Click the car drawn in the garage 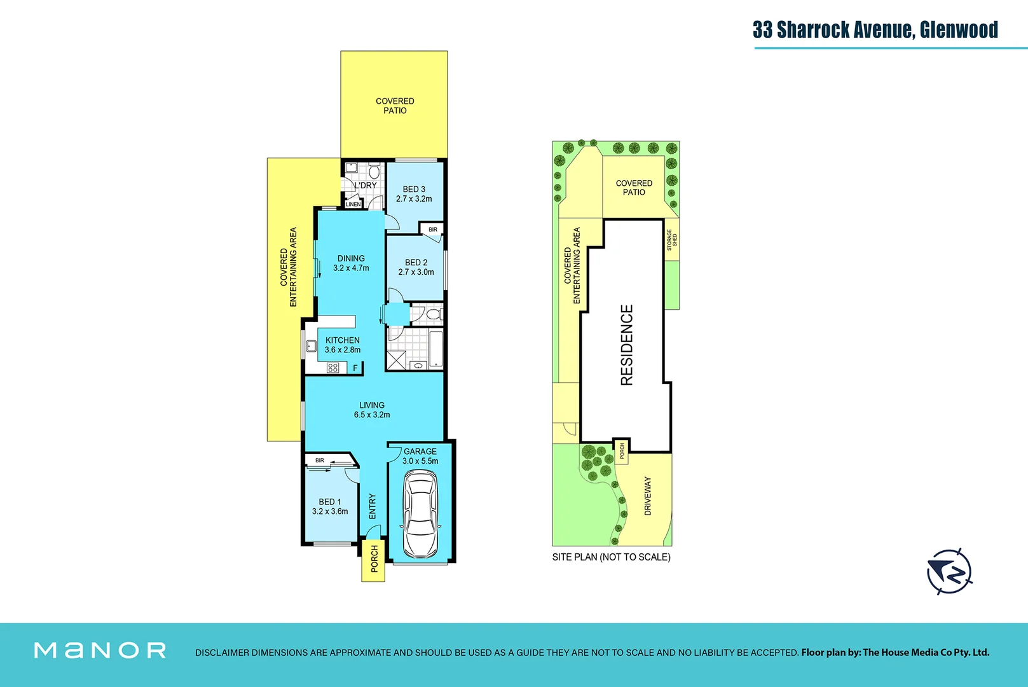tap(420, 513)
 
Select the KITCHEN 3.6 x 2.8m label tap(343, 345)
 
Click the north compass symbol tap(949, 571)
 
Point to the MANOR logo tap(100, 650)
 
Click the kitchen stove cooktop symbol tap(333, 368)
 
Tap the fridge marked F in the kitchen tap(355, 368)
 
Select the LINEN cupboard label tap(353, 204)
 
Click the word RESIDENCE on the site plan tap(627, 345)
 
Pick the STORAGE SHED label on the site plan tap(672, 240)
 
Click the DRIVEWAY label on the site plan tap(648, 496)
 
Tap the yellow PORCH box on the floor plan tap(374, 559)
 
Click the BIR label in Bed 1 tap(320, 460)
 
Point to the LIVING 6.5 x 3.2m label tap(372, 410)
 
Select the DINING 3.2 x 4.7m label tap(351, 263)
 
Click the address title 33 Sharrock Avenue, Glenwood tap(875, 30)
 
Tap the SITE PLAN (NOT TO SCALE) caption tap(611, 557)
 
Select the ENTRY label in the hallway tap(373, 506)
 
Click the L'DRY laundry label tap(366, 185)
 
